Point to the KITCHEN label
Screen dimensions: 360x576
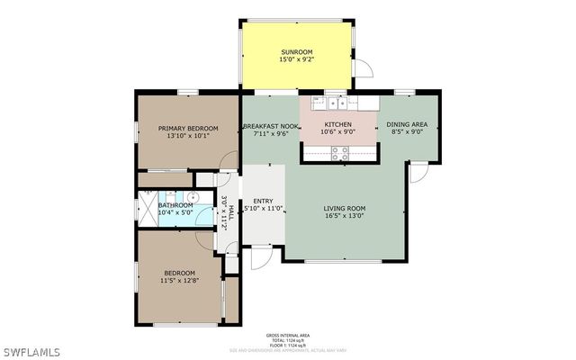(337, 123)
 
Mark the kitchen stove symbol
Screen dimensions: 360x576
(340, 156)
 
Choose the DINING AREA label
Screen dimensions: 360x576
(407, 124)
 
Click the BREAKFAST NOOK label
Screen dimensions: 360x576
(271, 127)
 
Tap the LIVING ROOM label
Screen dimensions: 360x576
(346, 209)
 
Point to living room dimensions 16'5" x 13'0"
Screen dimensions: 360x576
(346, 217)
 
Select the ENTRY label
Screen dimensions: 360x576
(264, 201)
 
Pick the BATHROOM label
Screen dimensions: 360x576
(175, 205)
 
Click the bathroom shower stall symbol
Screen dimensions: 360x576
(146, 204)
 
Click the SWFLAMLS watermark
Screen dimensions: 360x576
(31, 349)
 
